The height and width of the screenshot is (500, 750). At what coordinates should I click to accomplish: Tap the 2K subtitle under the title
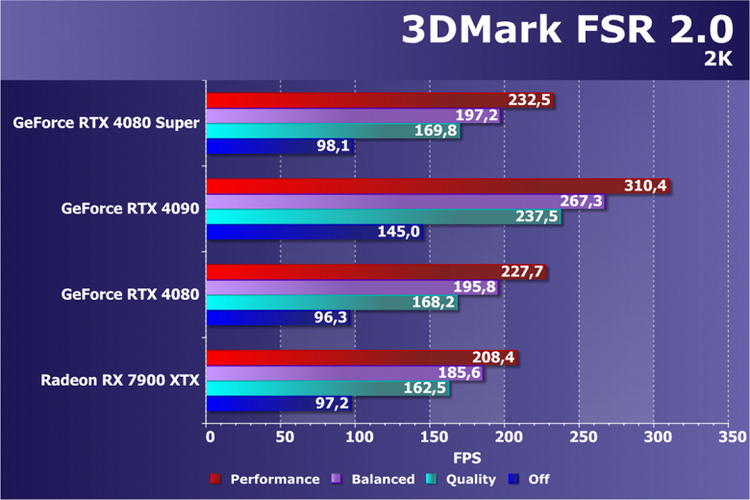point(717,60)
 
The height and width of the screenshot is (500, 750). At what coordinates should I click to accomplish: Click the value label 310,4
point(645,187)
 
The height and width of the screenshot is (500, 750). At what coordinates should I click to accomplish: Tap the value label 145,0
point(397,233)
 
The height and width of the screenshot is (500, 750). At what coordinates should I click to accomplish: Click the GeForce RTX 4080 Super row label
point(107,122)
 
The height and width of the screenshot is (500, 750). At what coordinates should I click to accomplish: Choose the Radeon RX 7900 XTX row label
point(119,380)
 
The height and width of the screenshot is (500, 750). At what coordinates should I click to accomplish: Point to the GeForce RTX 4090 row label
point(130,208)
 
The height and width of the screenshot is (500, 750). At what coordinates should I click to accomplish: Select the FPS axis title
point(468,458)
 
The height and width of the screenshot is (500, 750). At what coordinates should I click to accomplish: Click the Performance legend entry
point(275,479)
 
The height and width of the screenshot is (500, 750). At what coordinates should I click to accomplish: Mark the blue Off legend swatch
point(515,479)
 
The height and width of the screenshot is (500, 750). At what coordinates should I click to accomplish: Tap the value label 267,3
point(581,202)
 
